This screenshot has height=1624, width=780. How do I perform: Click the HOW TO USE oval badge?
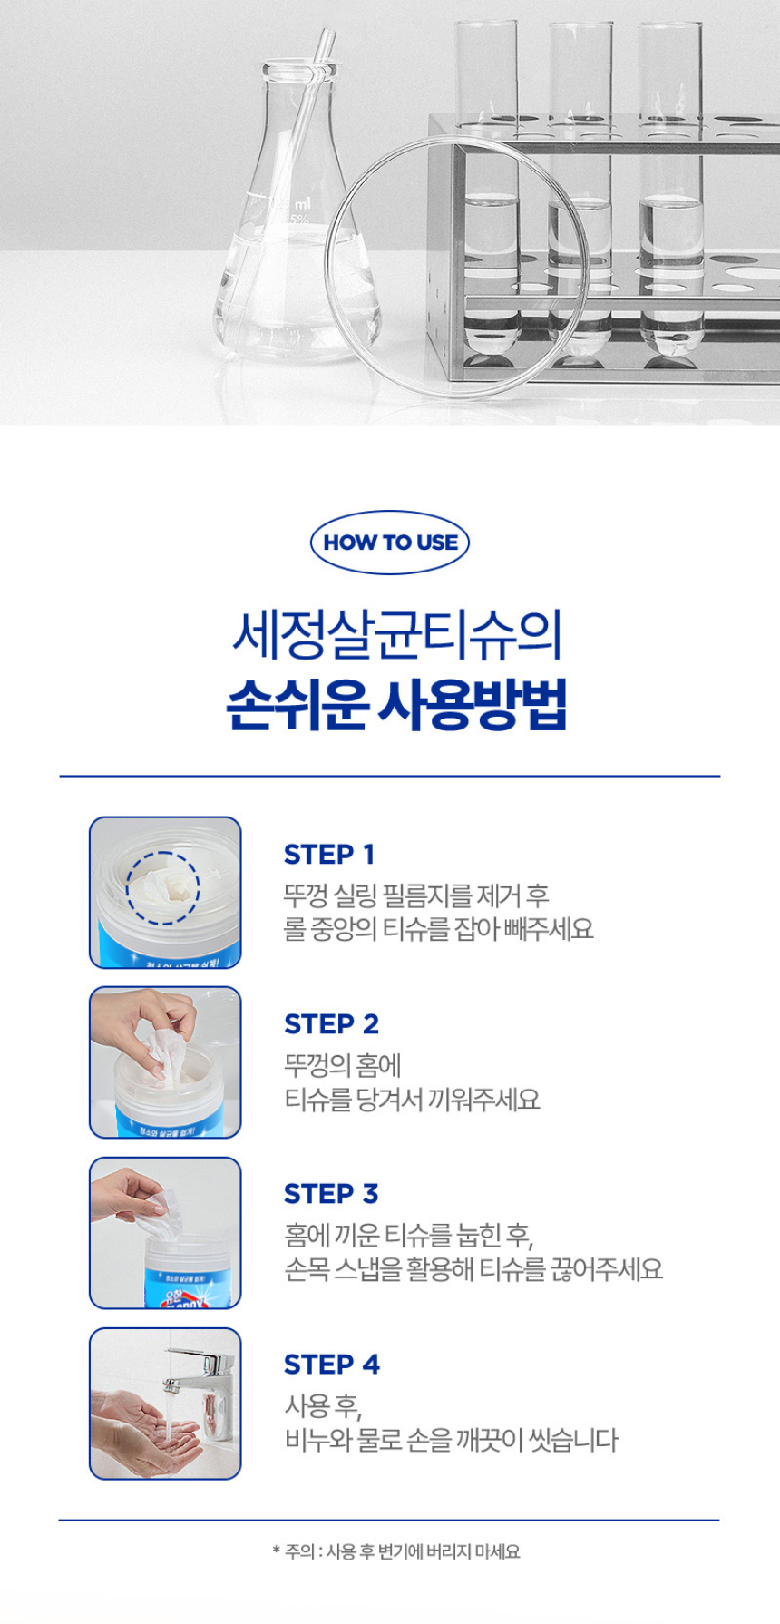tap(390, 543)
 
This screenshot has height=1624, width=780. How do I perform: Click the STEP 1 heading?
tap(328, 855)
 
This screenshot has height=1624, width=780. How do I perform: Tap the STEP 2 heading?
tap(331, 1024)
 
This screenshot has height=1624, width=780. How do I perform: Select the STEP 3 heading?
tap(331, 1194)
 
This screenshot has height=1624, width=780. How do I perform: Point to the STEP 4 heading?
tap(331, 1365)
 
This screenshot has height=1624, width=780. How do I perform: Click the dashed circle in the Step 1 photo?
tap(162, 888)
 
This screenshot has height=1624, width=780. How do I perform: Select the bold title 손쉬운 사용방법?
tap(395, 705)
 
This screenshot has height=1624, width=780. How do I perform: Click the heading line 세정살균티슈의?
tap(395, 635)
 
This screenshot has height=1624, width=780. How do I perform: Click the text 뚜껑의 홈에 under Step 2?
tap(342, 1065)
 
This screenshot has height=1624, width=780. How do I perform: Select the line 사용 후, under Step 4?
tap(323, 1406)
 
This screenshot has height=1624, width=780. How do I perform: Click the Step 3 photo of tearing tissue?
tap(165, 1233)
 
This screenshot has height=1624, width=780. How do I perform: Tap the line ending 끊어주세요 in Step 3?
tap(473, 1269)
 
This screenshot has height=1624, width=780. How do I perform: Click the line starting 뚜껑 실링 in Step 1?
tap(416, 895)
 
